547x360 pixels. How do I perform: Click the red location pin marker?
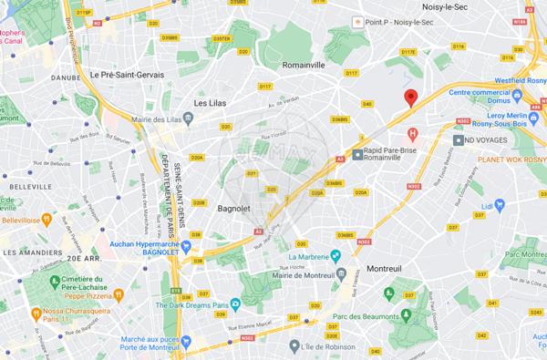(411, 98)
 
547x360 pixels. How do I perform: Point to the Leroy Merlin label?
(513, 120)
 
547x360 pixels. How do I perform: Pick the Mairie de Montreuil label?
(296, 271)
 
